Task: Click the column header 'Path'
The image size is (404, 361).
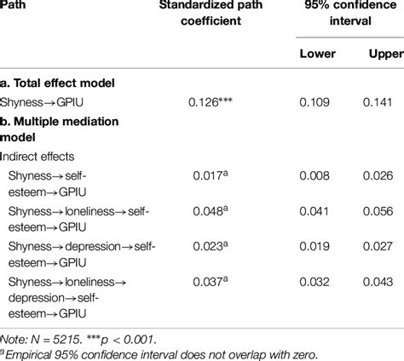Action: coord(20,5)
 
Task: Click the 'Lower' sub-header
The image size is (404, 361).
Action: coord(317,54)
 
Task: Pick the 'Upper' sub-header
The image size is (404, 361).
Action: coord(381,54)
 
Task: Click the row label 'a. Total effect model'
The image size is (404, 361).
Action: coord(65,83)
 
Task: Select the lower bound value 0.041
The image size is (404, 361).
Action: coord(317,212)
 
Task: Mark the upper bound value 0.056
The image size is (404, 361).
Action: coord(381,212)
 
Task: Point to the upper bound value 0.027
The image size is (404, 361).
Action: coord(381,247)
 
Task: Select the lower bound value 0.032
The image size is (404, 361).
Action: coord(317,282)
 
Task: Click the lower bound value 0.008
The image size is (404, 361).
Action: coord(317,177)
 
